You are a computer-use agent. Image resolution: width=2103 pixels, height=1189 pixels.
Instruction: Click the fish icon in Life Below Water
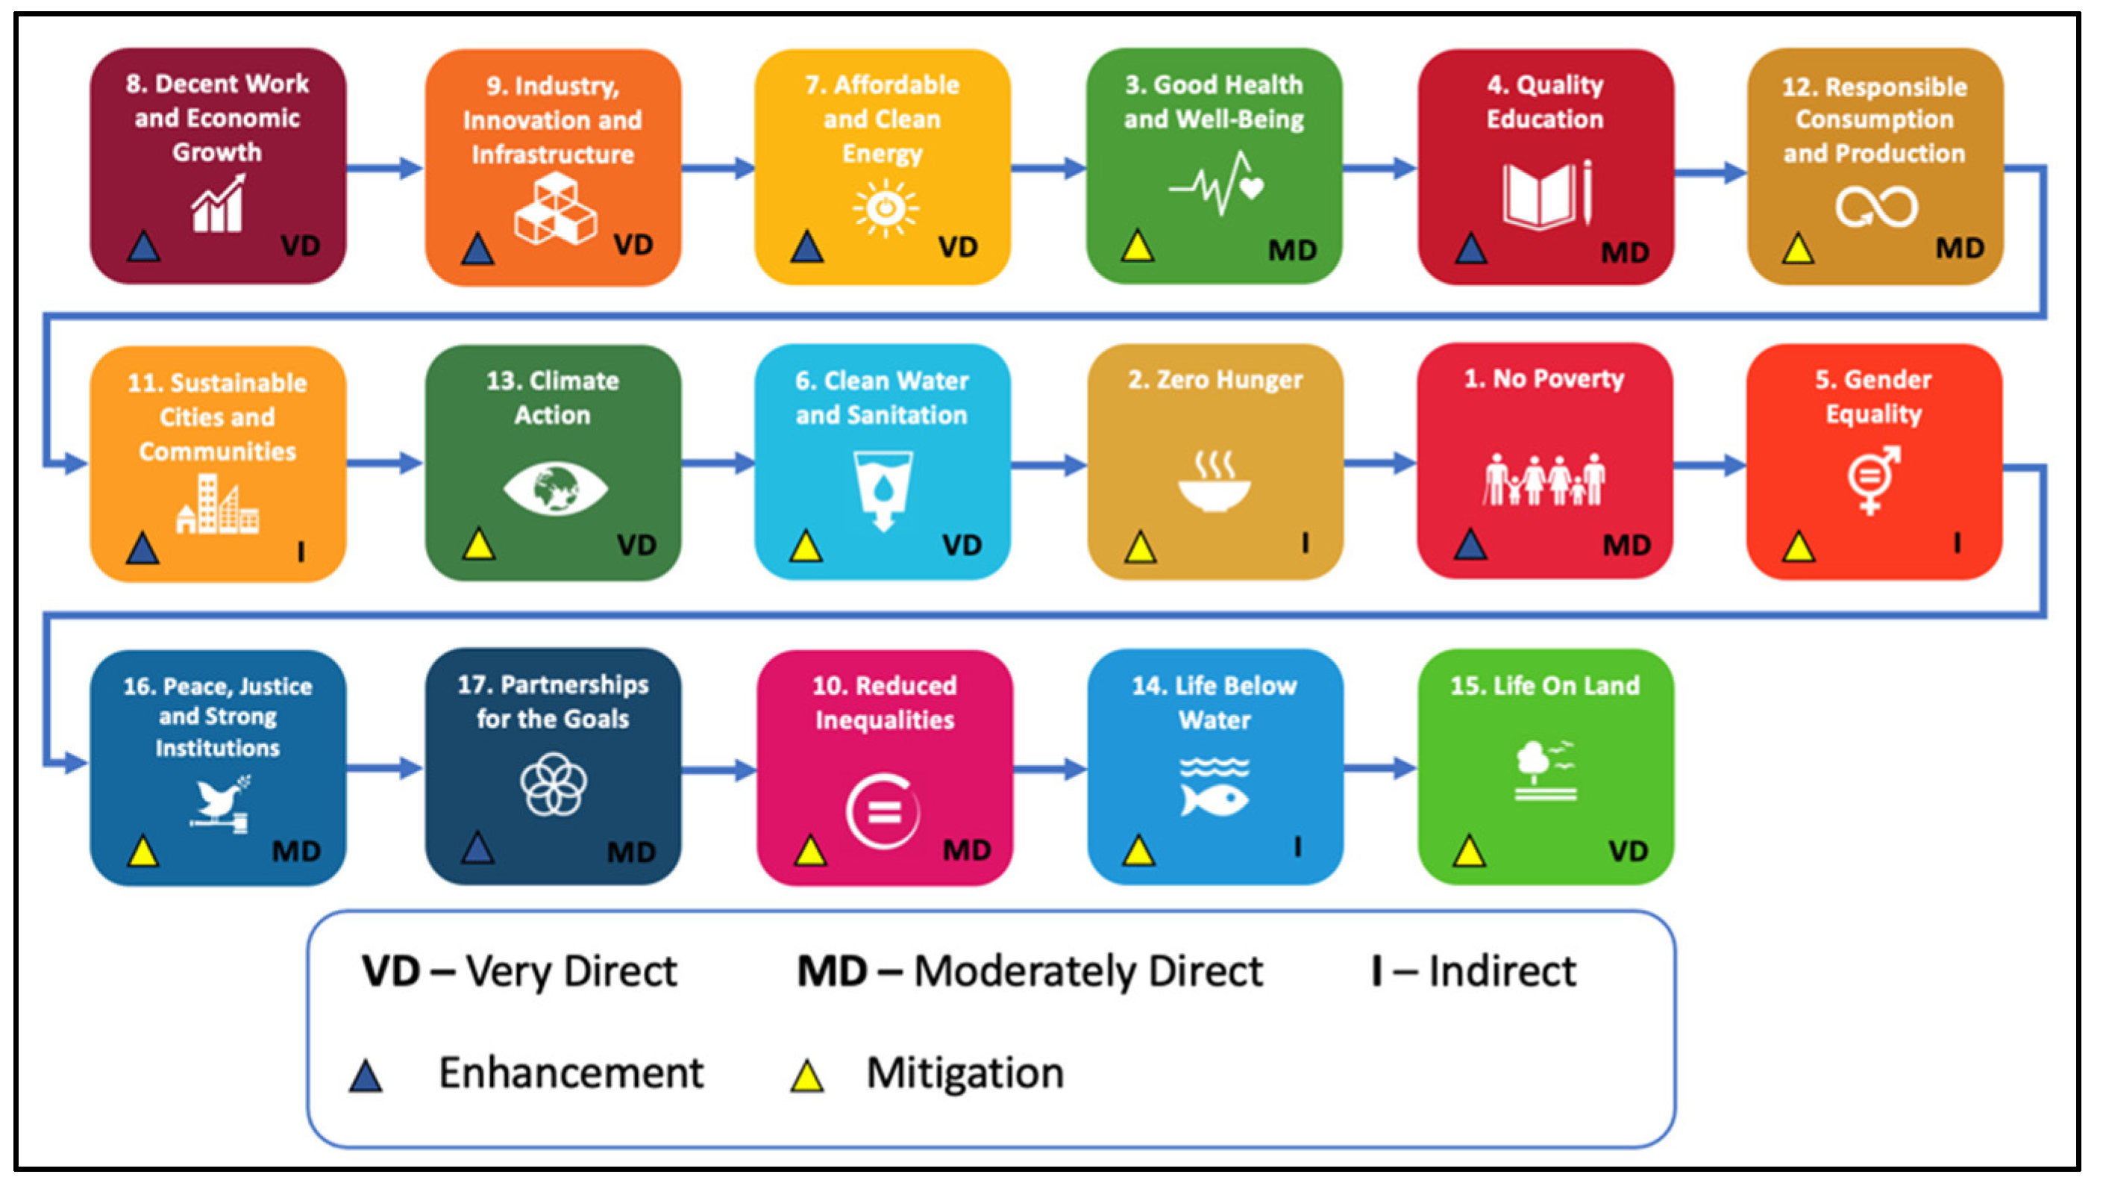(1214, 799)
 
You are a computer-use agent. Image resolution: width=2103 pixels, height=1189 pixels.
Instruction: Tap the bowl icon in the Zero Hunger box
(1214, 488)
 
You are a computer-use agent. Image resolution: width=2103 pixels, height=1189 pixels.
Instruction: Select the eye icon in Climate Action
(555, 488)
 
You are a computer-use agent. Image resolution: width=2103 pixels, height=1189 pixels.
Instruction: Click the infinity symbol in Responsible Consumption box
(1875, 207)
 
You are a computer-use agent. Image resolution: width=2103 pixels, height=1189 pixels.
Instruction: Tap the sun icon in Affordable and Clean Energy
(885, 208)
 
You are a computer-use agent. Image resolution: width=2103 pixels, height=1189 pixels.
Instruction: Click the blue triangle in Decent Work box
(144, 246)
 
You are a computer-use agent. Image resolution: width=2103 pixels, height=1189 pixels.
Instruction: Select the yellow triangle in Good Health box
(1137, 246)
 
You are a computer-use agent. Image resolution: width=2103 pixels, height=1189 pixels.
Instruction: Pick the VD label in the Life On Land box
(1628, 851)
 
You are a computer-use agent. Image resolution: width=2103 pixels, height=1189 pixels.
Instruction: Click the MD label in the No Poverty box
(1626, 545)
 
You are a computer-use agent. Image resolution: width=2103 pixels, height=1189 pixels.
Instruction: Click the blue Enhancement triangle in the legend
(366, 1076)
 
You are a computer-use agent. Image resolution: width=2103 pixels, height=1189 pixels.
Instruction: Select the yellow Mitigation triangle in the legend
(806, 1076)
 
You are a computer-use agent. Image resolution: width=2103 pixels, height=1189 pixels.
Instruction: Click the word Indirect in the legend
(1502, 972)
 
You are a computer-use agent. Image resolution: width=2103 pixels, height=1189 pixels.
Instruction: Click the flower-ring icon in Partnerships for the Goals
(554, 784)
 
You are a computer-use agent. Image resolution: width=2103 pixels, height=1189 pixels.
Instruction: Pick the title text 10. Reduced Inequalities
(885, 702)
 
